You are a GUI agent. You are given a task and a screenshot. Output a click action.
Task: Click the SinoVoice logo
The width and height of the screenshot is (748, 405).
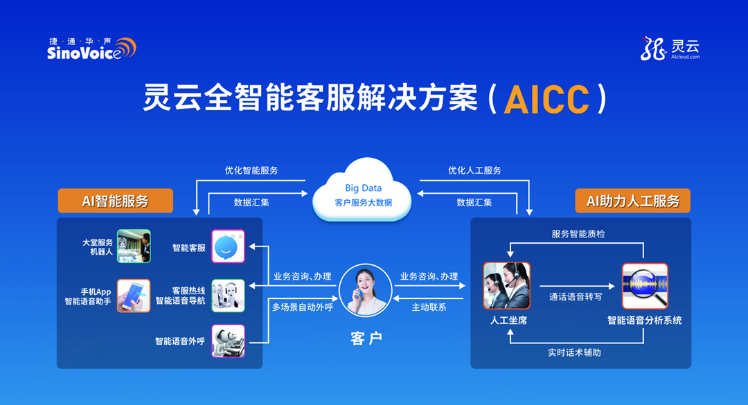tap(91, 48)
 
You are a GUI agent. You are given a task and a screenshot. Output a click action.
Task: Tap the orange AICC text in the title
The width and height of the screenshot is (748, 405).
tap(546, 100)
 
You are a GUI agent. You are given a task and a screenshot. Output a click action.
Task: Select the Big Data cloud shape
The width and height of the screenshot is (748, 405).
tap(362, 191)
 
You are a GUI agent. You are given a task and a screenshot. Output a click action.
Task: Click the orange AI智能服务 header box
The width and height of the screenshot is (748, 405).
tap(116, 201)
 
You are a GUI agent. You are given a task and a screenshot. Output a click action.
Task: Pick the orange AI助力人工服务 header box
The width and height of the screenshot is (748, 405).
tap(632, 201)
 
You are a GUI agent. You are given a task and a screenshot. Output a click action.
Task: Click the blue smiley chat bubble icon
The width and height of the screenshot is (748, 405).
tap(228, 246)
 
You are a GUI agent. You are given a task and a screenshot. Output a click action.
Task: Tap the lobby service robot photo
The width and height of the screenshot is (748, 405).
tap(134, 246)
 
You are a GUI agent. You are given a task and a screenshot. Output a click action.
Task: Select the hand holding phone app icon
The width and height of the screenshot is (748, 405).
tap(134, 296)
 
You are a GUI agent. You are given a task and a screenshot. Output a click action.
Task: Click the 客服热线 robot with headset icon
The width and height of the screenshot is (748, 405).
tap(228, 296)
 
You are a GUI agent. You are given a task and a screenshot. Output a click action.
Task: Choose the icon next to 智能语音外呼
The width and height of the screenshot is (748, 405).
tap(228, 341)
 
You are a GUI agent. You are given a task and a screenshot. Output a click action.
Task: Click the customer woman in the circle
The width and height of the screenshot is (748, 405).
tap(366, 291)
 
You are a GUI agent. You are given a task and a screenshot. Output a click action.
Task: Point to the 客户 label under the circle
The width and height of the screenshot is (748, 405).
tap(366, 339)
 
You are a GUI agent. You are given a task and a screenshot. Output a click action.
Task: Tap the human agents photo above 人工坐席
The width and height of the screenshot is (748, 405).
tap(506, 286)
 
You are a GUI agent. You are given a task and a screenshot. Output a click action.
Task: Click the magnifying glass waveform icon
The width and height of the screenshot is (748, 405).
tap(645, 286)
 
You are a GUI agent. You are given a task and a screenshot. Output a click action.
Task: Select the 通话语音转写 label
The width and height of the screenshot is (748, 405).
tap(576, 297)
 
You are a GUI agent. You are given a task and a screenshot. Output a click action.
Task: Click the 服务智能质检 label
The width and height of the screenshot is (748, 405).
tap(578, 234)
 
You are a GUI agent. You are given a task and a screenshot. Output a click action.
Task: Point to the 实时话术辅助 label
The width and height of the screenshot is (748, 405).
tap(574, 352)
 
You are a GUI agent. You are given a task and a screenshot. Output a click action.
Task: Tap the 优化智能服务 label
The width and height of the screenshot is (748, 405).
tap(251, 170)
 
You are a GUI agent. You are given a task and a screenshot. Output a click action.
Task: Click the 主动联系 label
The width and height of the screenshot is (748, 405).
tap(429, 307)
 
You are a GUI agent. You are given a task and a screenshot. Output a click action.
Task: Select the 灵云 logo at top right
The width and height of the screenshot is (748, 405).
tap(670, 48)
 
